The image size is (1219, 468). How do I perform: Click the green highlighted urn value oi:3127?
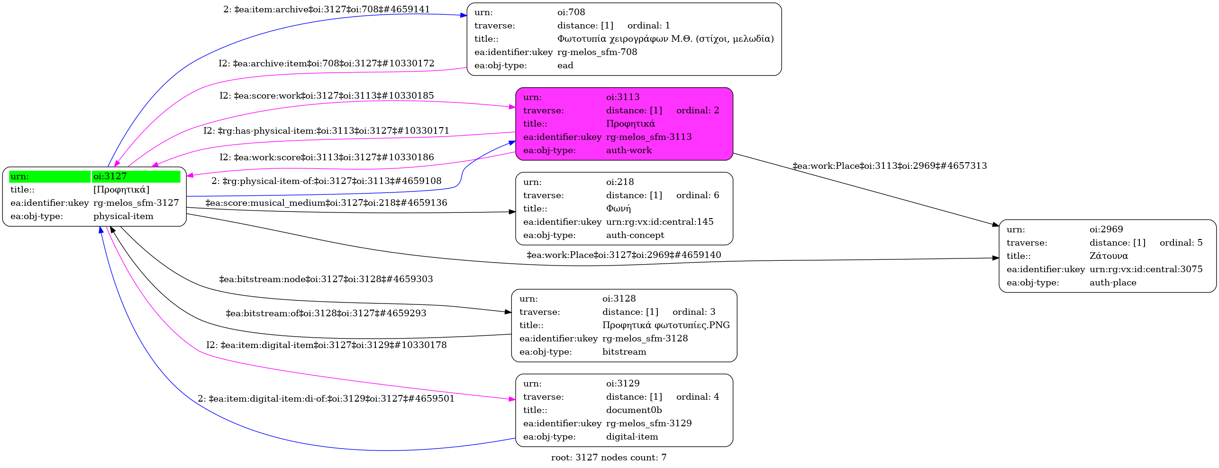(110, 176)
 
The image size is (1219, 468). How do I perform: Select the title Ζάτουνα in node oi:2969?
(1109, 256)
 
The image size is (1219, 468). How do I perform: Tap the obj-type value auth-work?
(629, 150)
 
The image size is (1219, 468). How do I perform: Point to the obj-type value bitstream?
(624, 352)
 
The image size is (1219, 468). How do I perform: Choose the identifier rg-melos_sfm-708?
(597, 52)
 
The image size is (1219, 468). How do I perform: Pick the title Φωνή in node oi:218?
(619, 209)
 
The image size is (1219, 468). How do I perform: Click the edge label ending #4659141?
(327, 9)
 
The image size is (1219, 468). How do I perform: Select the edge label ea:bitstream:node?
(326, 279)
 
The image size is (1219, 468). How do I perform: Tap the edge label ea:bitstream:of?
(326, 313)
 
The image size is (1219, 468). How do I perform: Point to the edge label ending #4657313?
(890, 166)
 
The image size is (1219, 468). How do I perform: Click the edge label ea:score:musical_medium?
(326, 203)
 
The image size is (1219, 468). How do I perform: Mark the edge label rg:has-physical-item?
(326, 131)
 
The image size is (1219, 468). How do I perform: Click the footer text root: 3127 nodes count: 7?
(609, 458)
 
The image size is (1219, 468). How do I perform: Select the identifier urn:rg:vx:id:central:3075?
(1146, 269)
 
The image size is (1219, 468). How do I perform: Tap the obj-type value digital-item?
(632, 437)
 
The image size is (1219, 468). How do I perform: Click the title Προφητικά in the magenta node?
(630, 124)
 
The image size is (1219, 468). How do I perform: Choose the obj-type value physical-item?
(123, 216)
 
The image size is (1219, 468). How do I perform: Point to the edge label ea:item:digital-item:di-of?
(326, 399)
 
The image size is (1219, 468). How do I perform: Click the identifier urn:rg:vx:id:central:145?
(660, 222)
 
